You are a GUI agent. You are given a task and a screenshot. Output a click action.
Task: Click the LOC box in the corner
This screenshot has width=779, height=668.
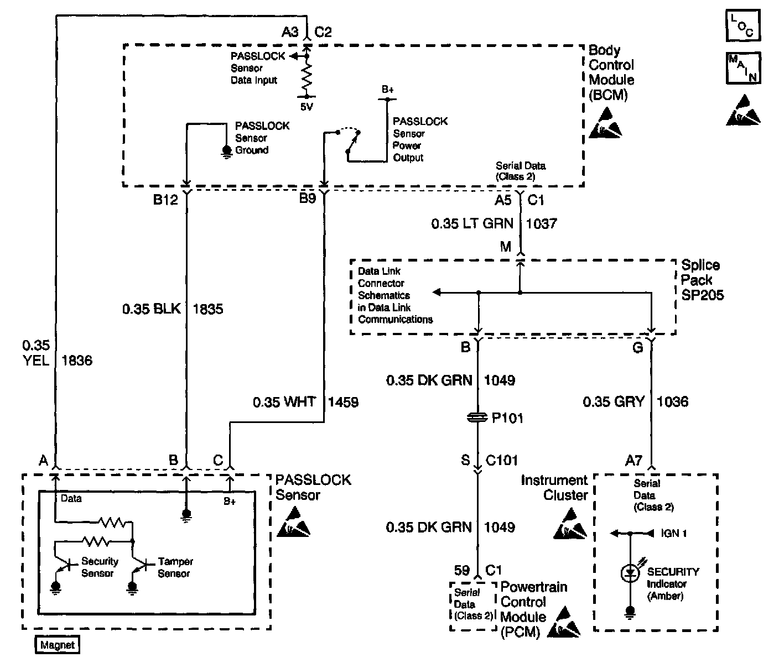click(x=743, y=25)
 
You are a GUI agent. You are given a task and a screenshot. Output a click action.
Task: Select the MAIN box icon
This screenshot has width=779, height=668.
click(x=743, y=68)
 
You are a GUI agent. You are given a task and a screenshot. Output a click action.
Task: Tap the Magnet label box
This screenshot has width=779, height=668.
click(x=58, y=645)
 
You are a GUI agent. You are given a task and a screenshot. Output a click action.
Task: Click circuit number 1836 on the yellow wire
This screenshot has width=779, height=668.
click(x=77, y=361)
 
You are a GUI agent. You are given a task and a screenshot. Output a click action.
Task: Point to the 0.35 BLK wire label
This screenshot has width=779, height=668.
click(x=152, y=309)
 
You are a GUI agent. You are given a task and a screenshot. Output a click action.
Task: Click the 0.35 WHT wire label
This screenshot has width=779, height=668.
click(x=284, y=402)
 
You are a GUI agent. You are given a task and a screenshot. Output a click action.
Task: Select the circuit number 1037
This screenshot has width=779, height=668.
click(x=541, y=224)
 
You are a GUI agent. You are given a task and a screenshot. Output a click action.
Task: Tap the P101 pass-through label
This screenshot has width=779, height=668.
click(x=508, y=418)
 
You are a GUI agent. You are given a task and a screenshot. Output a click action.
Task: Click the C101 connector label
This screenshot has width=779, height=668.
click(x=502, y=460)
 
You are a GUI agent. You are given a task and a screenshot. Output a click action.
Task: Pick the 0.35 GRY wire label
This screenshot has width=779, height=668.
click(x=614, y=401)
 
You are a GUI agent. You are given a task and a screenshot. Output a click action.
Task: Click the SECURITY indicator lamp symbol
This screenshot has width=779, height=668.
click(x=630, y=573)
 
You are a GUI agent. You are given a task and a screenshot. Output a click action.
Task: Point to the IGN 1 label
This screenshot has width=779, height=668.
click(x=674, y=533)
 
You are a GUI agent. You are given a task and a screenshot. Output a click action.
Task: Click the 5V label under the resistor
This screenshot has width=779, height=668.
click(x=307, y=107)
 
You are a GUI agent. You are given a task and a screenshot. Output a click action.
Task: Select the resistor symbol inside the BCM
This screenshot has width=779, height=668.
click(x=307, y=76)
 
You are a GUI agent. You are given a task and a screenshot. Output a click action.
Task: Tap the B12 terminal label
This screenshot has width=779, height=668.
click(x=165, y=200)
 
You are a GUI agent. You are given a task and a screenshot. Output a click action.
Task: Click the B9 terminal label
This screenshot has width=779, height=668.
click(x=308, y=199)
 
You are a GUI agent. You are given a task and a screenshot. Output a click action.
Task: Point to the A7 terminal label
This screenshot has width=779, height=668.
click(x=633, y=461)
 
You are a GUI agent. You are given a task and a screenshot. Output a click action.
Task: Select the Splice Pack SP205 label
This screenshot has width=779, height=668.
click(x=702, y=280)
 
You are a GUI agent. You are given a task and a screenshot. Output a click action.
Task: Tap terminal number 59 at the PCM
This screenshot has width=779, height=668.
click(x=462, y=571)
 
